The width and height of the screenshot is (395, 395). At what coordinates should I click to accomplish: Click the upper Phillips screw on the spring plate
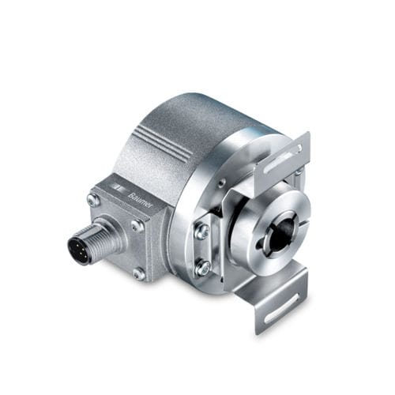pos(201,231)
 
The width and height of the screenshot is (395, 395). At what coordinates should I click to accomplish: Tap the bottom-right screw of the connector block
pos(139,273)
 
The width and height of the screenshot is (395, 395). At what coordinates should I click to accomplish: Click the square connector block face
pos(118,229)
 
